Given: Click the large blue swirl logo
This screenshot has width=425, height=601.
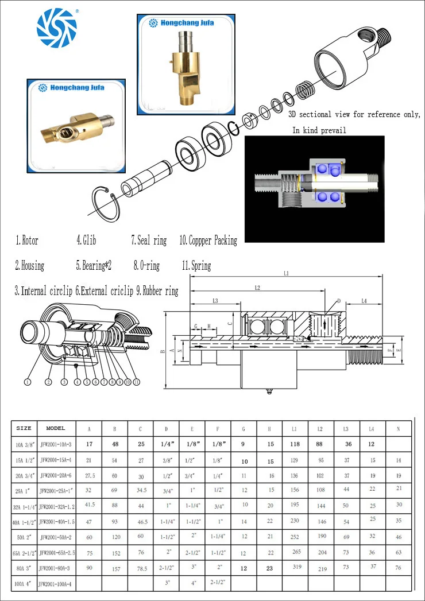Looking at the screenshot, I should (x=56, y=29).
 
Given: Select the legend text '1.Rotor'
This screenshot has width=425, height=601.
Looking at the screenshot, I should (x=27, y=241).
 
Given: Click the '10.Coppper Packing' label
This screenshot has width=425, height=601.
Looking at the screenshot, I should (x=208, y=241).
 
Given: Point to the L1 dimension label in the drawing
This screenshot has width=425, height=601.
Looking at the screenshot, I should (x=286, y=273).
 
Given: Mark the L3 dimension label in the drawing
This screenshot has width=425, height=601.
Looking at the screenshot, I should (x=215, y=301).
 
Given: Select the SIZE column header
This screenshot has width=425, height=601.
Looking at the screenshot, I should (x=24, y=428).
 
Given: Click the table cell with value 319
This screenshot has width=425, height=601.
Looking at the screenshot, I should (x=297, y=568).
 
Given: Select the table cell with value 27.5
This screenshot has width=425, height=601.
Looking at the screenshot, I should (x=90, y=475).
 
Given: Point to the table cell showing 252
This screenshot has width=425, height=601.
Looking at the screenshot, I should (x=295, y=536).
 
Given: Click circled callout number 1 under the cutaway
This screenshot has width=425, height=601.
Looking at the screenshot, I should (x=26, y=381).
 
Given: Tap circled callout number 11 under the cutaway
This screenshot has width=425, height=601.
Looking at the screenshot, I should (x=136, y=381).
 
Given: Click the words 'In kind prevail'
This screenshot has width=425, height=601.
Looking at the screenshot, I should (x=319, y=131).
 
